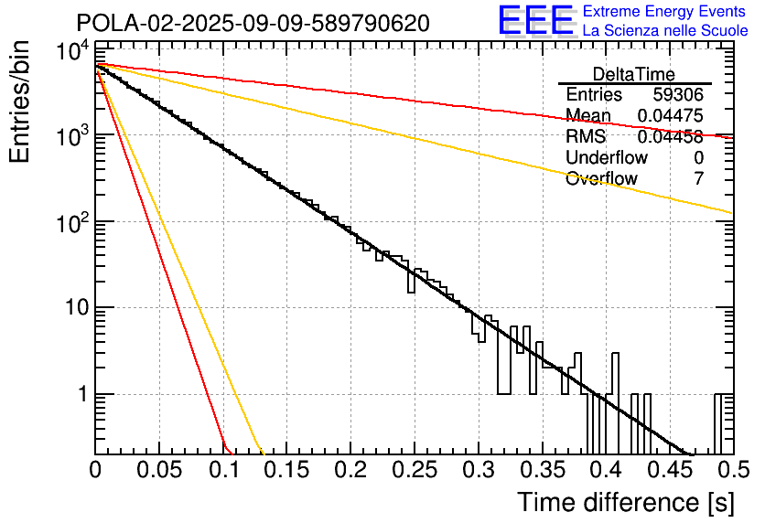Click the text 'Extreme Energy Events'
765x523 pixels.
tap(664, 12)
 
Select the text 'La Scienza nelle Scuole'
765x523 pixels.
tap(665, 31)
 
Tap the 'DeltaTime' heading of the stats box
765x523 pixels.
tap(634, 74)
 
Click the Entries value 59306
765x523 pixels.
tap(678, 95)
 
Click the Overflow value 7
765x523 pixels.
tap(699, 179)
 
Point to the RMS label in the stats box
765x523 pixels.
tap(586, 137)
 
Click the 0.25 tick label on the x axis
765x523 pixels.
tap(414, 470)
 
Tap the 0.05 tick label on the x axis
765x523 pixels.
tap(159, 470)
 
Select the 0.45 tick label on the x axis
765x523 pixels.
tap(669, 470)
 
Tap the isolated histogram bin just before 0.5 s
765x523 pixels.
tap(723, 423)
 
